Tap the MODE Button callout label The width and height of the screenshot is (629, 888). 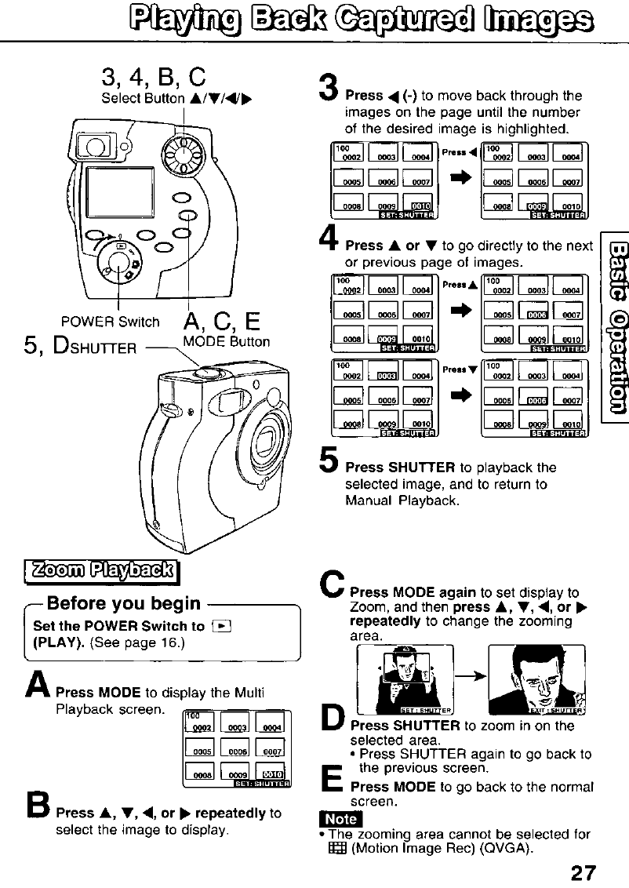coord(226,341)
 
